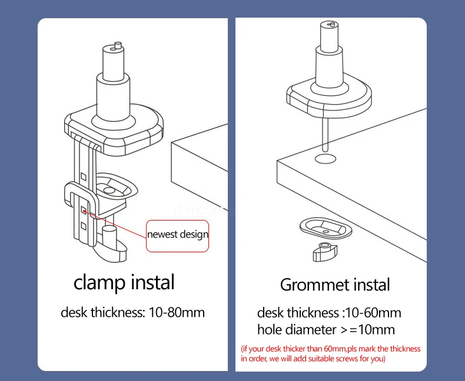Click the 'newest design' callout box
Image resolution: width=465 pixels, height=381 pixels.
[178, 235]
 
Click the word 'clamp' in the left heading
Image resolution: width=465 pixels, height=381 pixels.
[100, 282]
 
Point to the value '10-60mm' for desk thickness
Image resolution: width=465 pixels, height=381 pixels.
[371, 313]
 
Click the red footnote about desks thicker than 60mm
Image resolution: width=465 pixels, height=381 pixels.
[331, 353]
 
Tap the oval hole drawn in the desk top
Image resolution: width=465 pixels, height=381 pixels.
[325, 159]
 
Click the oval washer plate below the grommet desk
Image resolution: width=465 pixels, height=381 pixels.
[325, 226]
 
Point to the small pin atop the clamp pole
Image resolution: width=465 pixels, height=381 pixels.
[117, 45]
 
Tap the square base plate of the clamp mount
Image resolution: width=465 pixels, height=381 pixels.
[114, 129]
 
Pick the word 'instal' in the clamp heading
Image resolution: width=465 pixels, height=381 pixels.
[150, 282]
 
